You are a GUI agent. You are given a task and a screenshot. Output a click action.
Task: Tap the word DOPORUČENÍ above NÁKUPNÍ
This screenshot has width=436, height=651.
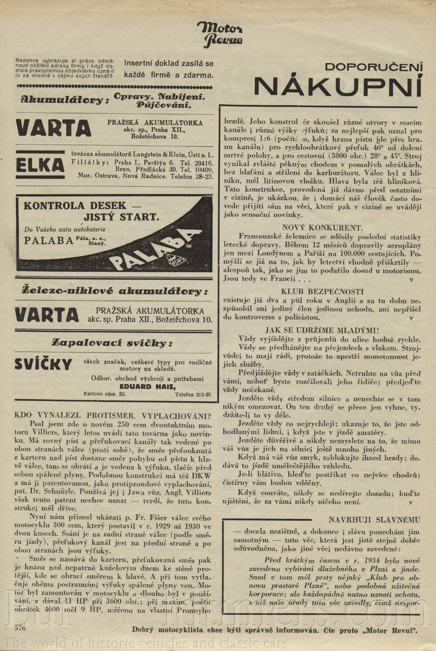point(373,67)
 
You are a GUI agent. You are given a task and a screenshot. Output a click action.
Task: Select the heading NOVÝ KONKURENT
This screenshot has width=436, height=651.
point(322,228)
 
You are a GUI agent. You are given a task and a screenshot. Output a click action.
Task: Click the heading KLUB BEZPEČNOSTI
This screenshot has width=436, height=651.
point(322,292)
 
